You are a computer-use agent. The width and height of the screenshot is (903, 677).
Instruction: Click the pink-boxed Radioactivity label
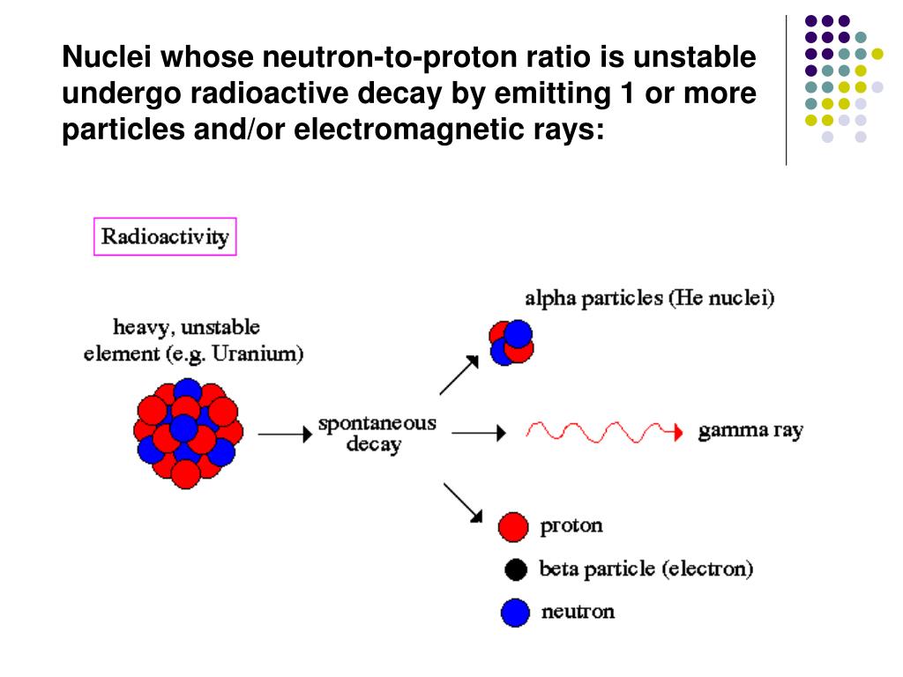coord(165,236)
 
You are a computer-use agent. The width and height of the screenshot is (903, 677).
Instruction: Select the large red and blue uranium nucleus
coord(187,432)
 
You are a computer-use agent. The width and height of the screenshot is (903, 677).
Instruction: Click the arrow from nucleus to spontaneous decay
coord(280,433)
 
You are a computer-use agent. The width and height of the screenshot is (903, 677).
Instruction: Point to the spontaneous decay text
coord(377,433)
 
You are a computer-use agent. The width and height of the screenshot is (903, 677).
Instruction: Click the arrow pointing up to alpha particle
coord(458,376)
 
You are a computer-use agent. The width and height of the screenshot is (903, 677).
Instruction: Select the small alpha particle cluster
coord(511,343)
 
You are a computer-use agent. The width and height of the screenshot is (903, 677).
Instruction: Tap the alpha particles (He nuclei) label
coord(650,298)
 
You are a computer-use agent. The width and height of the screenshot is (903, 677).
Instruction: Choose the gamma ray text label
coord(750,432)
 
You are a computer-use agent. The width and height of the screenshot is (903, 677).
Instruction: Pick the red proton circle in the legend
coord(513,526)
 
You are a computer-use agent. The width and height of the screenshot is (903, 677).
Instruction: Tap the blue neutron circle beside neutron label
coord(515,613)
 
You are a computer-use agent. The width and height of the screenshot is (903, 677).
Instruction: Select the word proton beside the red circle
coord(571,526)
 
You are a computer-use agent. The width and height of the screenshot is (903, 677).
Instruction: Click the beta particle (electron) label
coord(646,569)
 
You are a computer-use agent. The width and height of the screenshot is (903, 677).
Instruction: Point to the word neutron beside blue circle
coord(578,612)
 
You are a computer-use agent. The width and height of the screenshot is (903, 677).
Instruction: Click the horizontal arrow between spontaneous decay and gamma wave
coord(479,432)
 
